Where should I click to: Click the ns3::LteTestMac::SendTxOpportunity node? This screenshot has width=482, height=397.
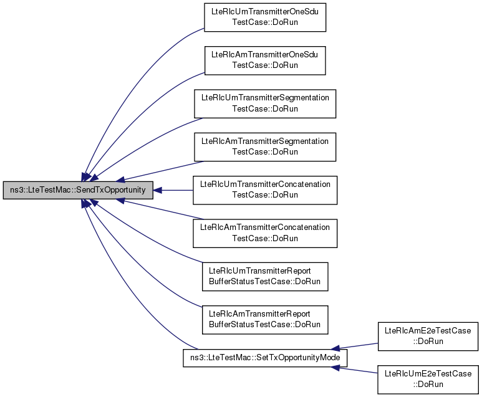click(x=78, y=189)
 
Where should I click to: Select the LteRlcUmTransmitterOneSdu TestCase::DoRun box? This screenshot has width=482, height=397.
click(x=265, y=17)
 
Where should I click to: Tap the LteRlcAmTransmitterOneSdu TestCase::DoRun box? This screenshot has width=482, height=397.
click(x=265, y=60)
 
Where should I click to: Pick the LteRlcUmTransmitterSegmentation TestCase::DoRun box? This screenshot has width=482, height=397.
click(x=265, y=103)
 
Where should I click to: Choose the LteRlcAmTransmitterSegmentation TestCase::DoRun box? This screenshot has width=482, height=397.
click(x=265, y=146)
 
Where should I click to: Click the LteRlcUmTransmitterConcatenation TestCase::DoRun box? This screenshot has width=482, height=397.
click(x=265, y=189)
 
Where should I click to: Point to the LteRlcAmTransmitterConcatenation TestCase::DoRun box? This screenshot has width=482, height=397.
click(x=265, y=232)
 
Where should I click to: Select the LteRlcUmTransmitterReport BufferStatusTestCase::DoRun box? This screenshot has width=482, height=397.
click(x=265, y=275)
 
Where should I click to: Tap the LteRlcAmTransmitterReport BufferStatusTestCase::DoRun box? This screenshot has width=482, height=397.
click(x=265, y=318)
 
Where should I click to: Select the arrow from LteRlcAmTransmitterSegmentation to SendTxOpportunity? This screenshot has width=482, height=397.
click(x=162, y=170)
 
